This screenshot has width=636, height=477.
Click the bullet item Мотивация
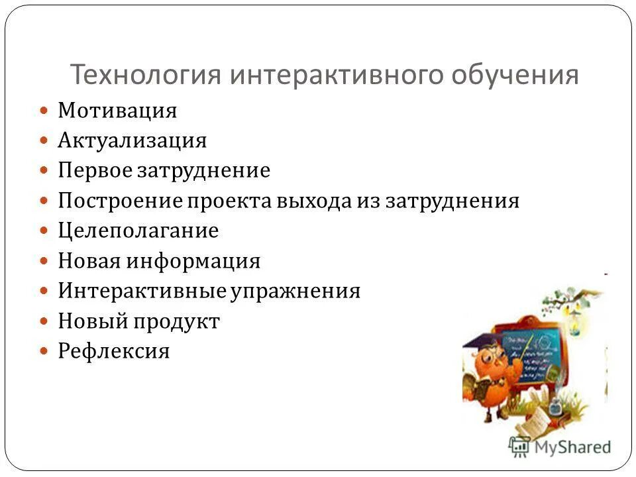coord(117,111)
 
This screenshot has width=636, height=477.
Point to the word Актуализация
coord(132,140)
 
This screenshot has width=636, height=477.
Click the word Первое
coord(95,171)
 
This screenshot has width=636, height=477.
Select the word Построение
coord(118,201)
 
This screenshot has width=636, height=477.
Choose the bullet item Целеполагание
coord(138,231)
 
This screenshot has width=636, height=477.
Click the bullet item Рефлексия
coord(113,351)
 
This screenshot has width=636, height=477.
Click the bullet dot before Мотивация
coord(44,111)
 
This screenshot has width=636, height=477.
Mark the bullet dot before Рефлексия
coord(44,351)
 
